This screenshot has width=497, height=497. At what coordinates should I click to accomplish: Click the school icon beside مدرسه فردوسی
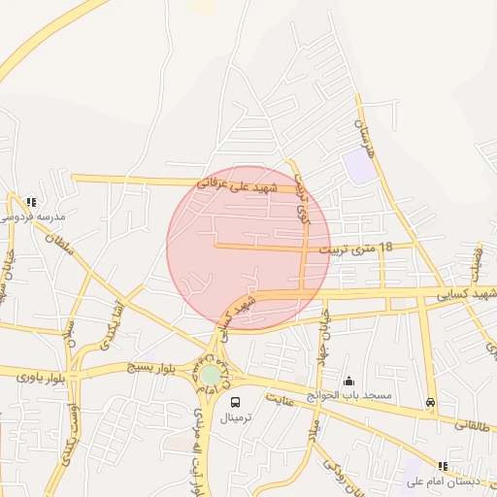(32, 202)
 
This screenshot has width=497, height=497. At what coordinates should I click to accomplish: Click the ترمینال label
(236, 417)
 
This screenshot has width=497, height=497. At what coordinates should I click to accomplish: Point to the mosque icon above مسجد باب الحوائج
(349, 381)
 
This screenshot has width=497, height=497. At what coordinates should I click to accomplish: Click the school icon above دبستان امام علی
(444, 466)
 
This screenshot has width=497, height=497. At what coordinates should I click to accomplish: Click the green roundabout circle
(211, 375)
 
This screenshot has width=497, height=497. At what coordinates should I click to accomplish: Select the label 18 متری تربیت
(363, 248)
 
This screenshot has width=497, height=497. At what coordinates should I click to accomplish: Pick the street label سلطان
(60, 230)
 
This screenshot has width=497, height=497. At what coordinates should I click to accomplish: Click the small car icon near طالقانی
(430, 403)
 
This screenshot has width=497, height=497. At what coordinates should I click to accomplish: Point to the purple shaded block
(358, 165)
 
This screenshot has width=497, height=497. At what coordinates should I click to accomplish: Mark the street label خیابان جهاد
(324, 335)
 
